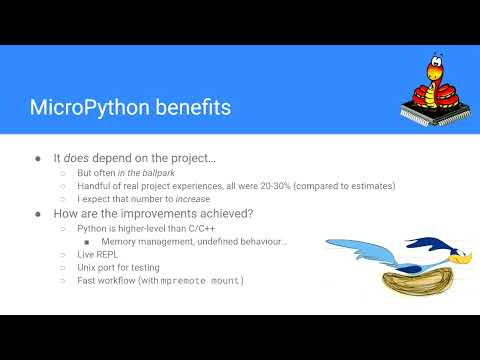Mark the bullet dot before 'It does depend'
[38, 158]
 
